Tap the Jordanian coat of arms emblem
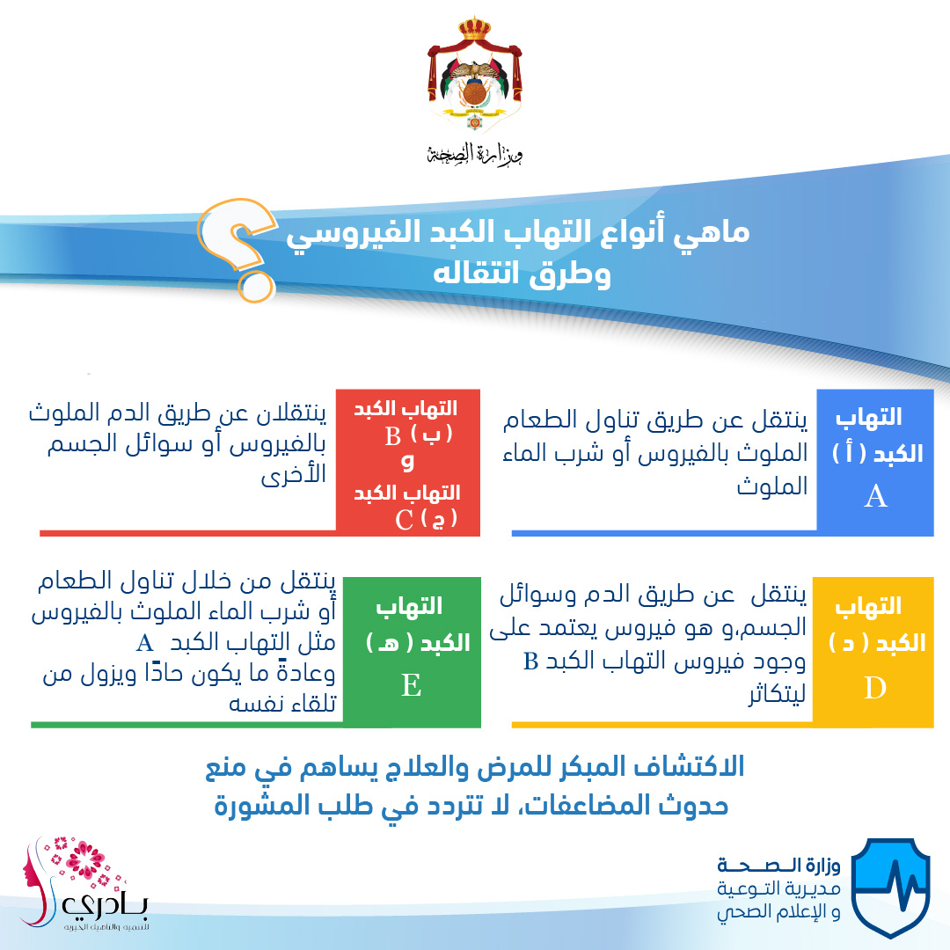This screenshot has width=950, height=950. tap(474, 76)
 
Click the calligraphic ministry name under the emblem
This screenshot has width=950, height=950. tap(474, 155)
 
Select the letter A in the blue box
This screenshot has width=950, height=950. tap(875, 496)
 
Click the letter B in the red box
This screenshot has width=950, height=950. tap(392, 435)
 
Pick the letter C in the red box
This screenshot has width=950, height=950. tap(404, 520)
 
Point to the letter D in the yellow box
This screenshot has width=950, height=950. tap(875, 688)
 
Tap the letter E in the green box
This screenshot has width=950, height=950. tap(411, 685)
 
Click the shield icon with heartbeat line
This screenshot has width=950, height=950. tap(890, 887)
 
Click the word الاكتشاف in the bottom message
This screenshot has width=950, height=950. tap(689, 767)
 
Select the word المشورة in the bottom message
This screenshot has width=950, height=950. tap(259, 806)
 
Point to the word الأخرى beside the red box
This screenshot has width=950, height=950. tap(294, 474)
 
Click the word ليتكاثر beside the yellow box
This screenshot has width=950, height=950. tap(778, 694)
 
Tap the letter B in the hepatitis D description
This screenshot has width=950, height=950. tap(530, 661)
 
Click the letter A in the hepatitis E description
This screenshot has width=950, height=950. tap(145, 643)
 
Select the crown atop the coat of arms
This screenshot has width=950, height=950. tap(474, 28)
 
